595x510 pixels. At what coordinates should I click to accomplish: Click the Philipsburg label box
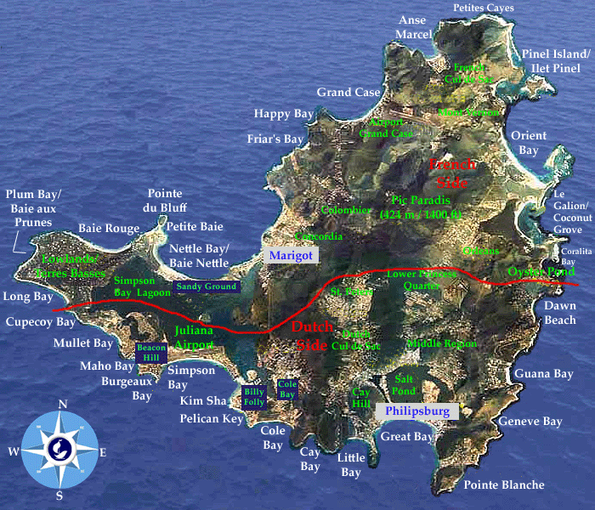click(416, 411)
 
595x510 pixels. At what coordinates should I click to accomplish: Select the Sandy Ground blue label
click(207, 287)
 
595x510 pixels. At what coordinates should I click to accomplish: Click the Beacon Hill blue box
click(152, 353)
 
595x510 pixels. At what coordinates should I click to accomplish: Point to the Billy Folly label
click(254, 397)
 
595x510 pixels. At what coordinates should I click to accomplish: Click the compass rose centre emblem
click(59, 447)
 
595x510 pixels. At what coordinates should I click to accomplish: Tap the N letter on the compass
click(62, 405)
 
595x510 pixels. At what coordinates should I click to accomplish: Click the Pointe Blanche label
click(503, 484)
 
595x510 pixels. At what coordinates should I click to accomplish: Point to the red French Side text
click(452, 173)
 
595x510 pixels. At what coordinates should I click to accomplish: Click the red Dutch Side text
click(313, 336)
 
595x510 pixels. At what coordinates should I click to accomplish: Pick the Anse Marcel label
click(414, 26)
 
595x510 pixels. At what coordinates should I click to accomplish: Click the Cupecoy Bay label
click(41, 322)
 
